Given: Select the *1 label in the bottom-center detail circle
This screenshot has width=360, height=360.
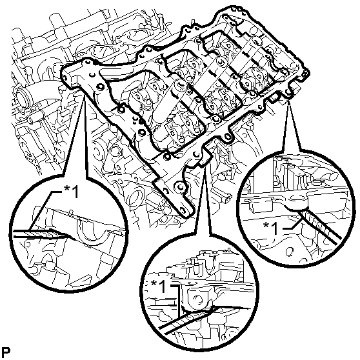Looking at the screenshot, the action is click(x=158, y=286).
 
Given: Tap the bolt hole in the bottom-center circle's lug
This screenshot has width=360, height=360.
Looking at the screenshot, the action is click(x=198, y=299).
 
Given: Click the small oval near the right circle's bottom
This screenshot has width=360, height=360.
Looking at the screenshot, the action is click(x=290, y=252).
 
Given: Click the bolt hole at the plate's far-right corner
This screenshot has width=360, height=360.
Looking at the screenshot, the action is click(x=305, y=74).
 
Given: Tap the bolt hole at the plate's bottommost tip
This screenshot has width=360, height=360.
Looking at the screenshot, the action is click(x=183, y=210).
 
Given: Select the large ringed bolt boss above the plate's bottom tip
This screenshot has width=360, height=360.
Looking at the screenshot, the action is click(x=179, y=187).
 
